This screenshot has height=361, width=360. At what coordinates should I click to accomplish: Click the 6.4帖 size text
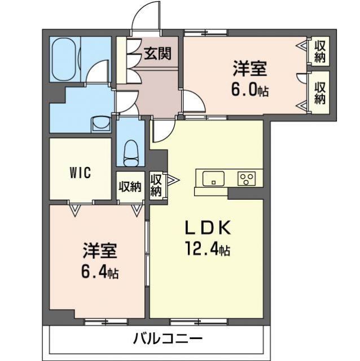[99, 272]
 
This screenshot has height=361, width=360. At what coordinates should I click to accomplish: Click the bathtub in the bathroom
[67, 59]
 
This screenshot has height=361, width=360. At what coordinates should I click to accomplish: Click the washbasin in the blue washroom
[101, 122]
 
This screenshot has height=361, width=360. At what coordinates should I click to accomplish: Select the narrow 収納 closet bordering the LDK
[156, 185]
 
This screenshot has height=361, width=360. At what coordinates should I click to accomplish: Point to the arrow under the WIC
[74, 209]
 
